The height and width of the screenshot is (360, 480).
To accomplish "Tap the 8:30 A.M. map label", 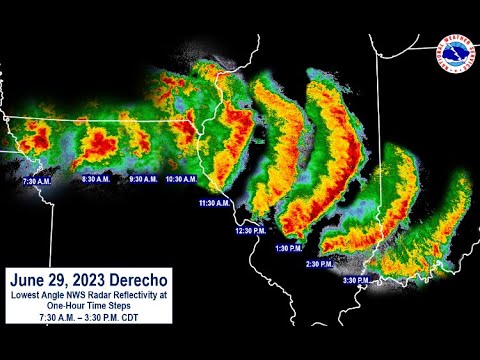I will [96, 179].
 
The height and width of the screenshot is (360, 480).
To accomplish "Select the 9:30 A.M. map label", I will [144, 179].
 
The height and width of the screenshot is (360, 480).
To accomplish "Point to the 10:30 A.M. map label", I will [182, 179].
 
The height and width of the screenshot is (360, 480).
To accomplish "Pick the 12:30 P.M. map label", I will [249, 230].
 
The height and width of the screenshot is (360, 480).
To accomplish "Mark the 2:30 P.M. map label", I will [320, 264].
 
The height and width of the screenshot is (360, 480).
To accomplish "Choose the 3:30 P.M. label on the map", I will [357, 280].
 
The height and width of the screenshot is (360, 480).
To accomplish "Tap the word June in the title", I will [30, 279].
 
